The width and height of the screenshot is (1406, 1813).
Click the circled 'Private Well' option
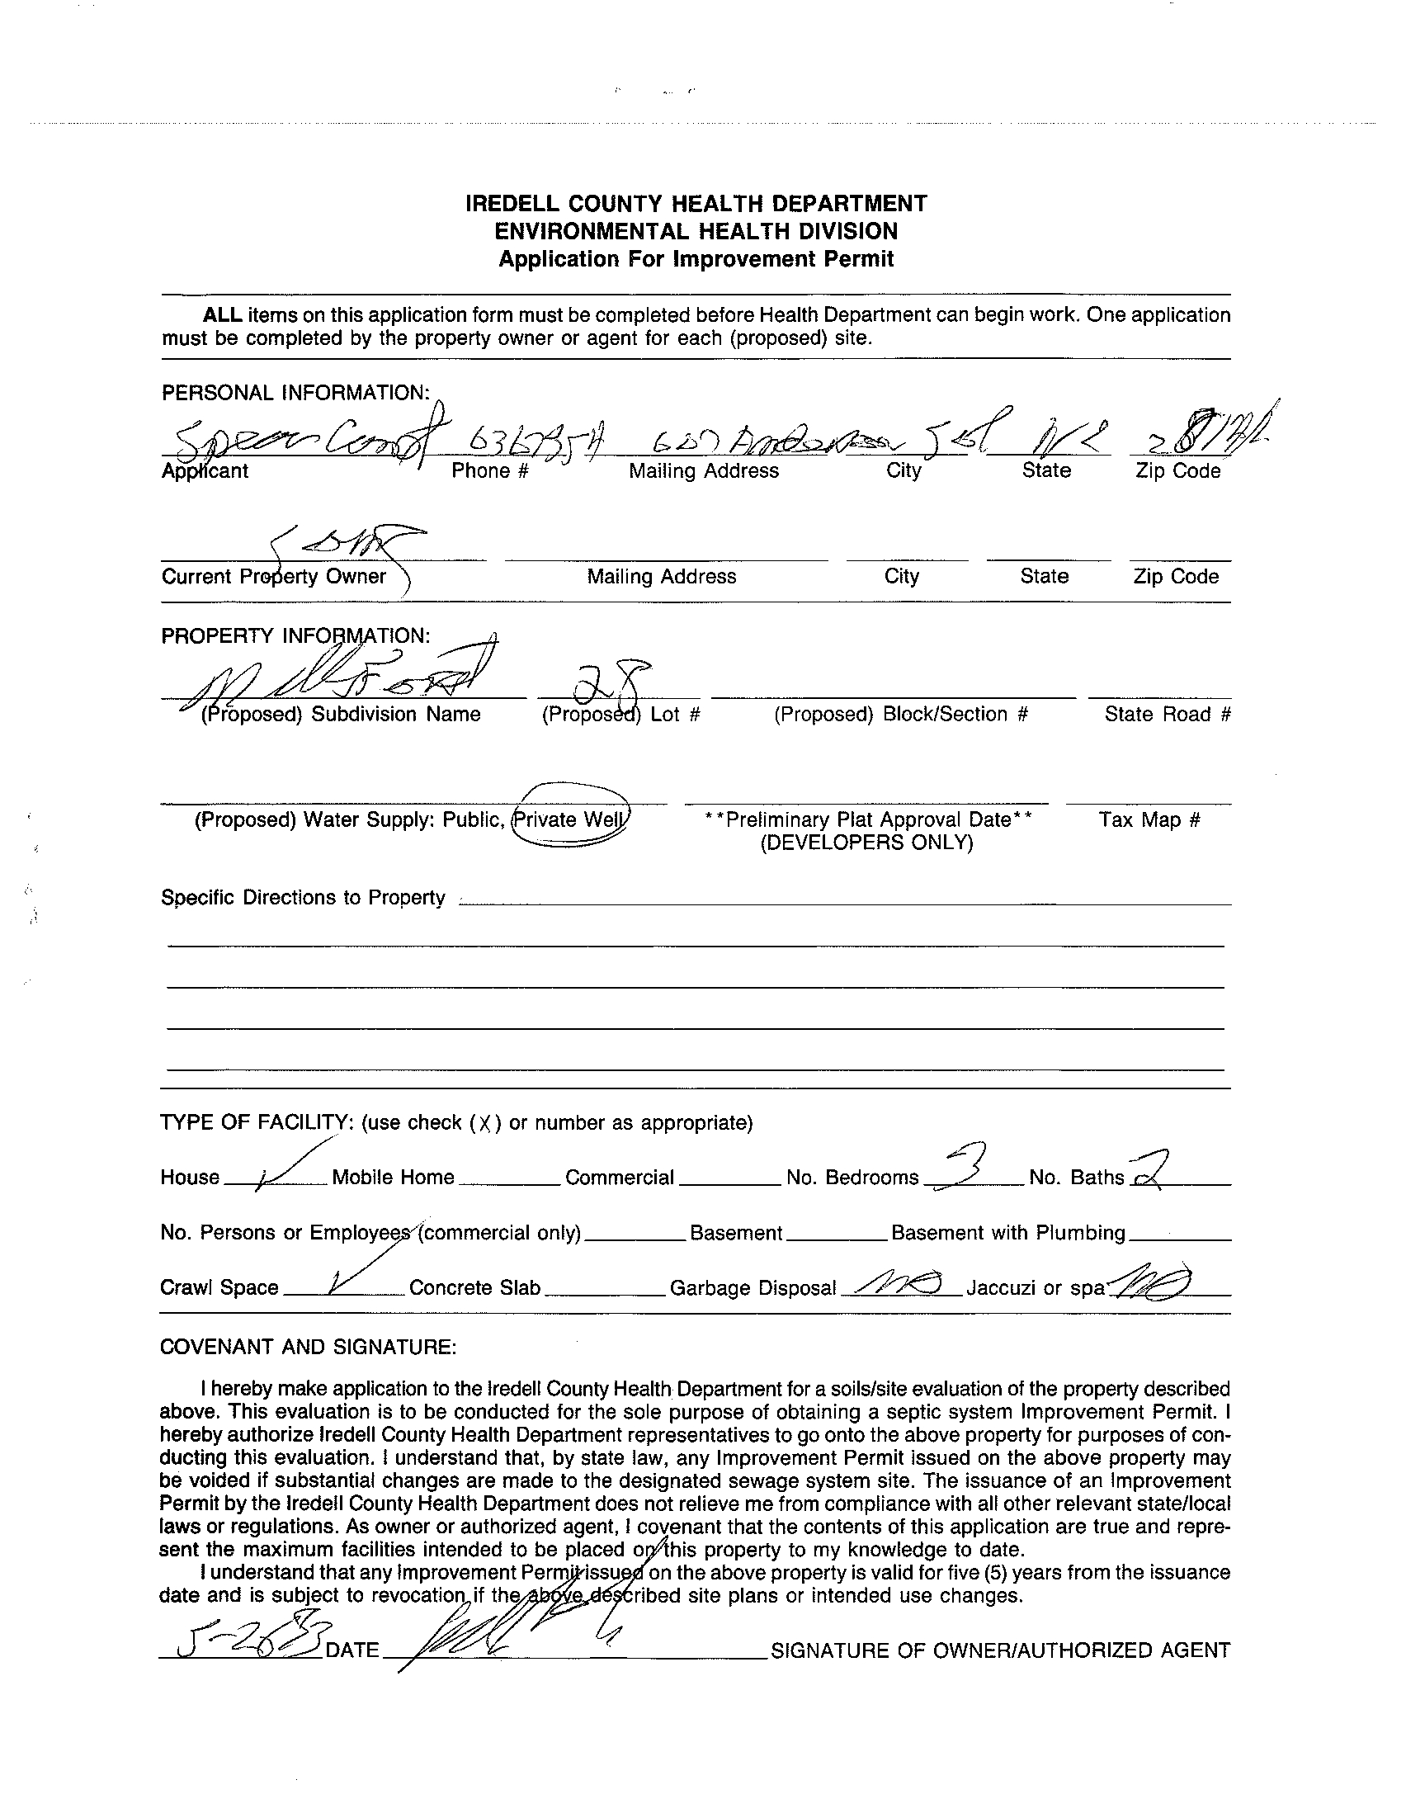point(571,819)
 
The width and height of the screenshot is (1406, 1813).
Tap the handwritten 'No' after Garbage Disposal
point(900,1284)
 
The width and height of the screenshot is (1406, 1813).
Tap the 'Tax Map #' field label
point(1149,819)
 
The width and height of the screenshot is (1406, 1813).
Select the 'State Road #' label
point(1167,714)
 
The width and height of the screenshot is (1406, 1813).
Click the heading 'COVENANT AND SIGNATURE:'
point(308,1347)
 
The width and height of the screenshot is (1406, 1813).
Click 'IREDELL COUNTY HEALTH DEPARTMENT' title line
point(696,203)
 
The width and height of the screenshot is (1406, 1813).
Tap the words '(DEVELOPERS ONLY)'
point(866,843)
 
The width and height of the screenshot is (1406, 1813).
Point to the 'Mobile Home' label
point(393,1177)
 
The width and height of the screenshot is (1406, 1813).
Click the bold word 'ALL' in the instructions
point(223,315)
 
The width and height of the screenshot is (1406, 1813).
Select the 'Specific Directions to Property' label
point(303,897)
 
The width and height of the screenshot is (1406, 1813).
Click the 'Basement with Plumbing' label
point(1007,1232)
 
